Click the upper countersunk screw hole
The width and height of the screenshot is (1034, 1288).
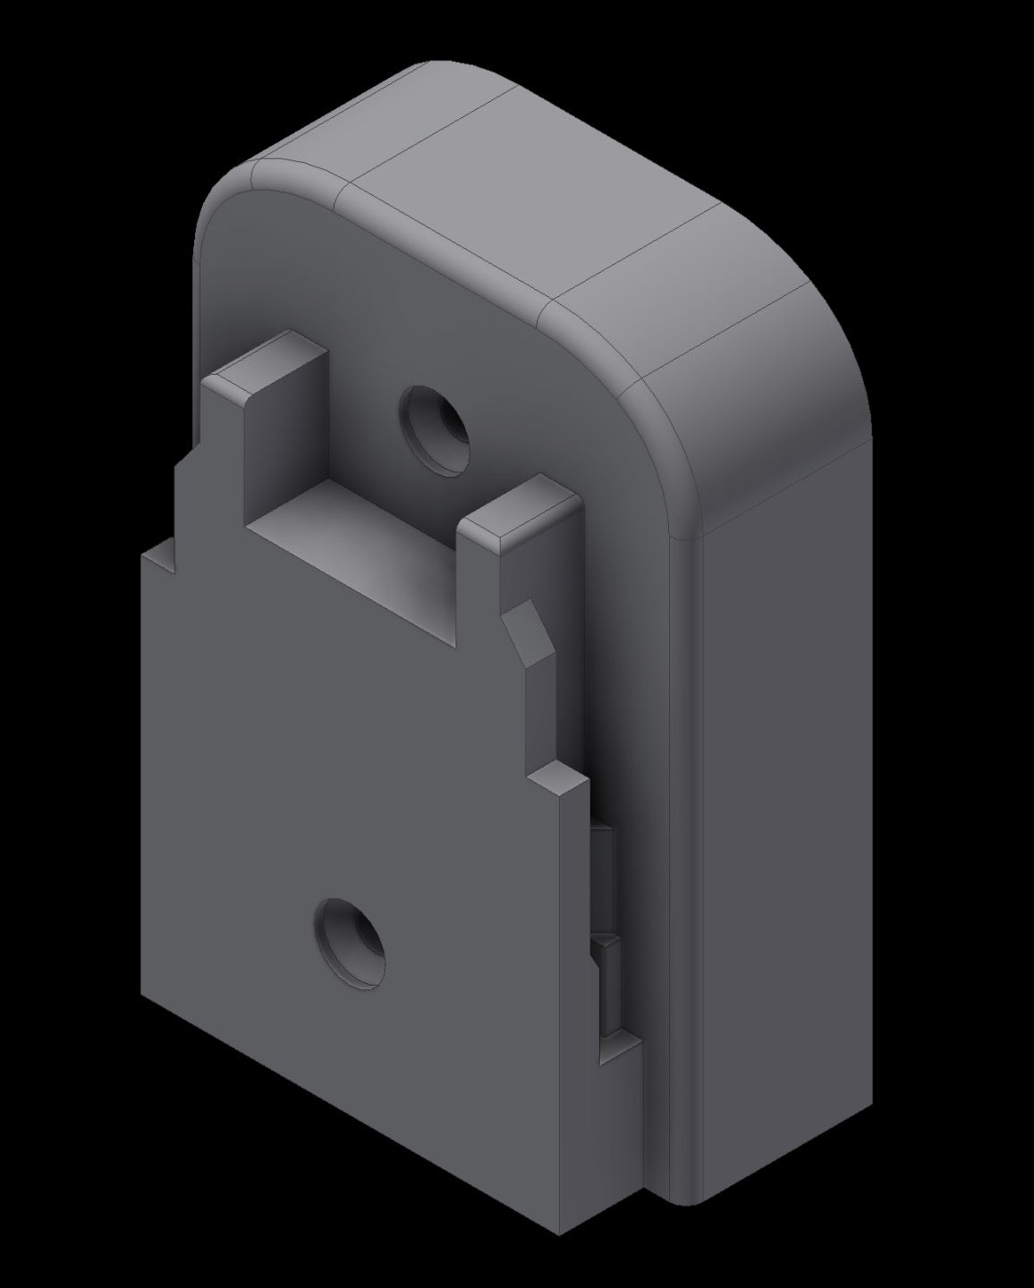pyautogui.click(x=435, y=430)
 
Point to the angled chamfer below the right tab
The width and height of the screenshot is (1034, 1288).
pyautogui.click(x=529, y=636)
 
